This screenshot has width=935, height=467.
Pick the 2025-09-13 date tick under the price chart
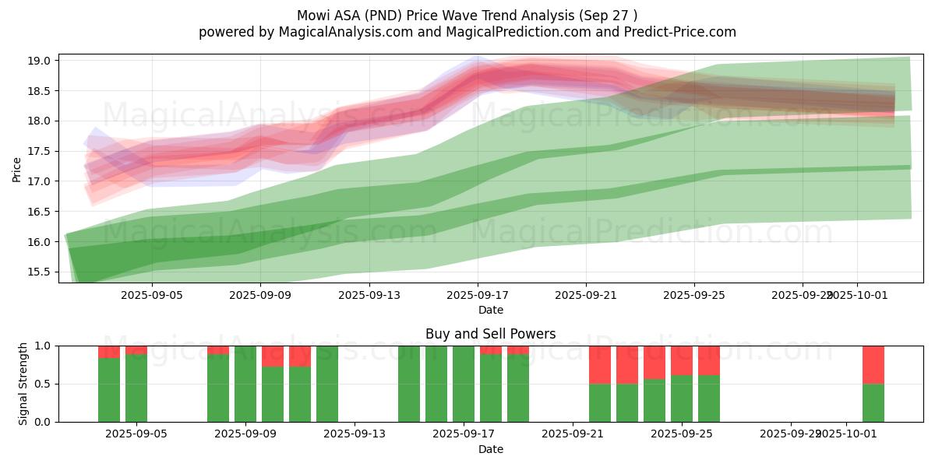(369, 296)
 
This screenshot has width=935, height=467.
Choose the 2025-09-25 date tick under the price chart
(695, 296)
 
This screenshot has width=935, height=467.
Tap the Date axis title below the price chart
(491, 310)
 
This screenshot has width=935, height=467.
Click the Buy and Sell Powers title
(491, 334)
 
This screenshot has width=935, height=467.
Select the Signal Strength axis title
(23, 384)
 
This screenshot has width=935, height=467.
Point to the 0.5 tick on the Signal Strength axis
(43, 384)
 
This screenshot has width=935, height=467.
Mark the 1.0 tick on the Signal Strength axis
(43, 346)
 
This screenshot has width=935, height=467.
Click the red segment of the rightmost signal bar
(873, 364)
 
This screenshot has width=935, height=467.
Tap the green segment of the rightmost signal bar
(873, 402)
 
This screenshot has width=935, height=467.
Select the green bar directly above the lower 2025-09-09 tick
(245, 384)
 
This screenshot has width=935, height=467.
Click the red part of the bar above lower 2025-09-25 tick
(682, 360)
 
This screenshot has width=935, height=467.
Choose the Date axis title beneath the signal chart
(491, 449)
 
